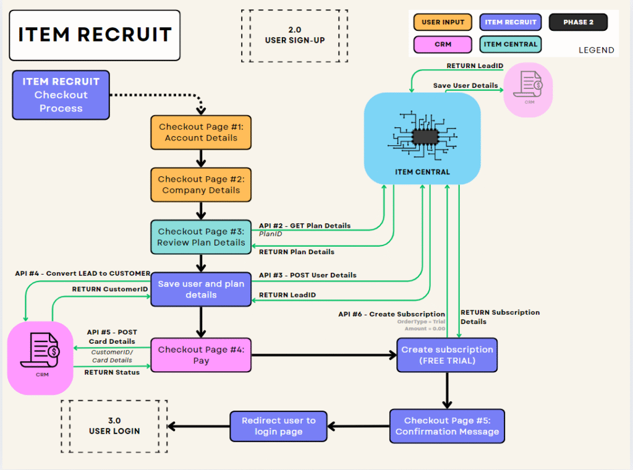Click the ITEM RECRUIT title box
coord(95,35)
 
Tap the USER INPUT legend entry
coord(443,22)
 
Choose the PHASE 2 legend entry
coord(578,22)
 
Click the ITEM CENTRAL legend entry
coord(510,45)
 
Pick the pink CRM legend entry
coord(443,45)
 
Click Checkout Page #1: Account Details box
coord(201,132)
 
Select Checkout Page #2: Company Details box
coord(201,184)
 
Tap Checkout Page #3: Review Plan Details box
coord(201,237)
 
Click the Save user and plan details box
coord(201,289)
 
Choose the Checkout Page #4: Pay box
coord(201,354)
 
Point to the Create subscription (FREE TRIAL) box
coord(447,354)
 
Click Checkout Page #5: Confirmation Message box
coord(447,426)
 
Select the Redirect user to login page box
coord(278,426)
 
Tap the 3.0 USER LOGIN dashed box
coord(114,425)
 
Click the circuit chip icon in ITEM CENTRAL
coord(422,137)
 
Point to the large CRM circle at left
coord(40,357)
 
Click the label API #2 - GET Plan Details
coord(305,226)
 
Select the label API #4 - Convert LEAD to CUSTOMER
coord(83,273)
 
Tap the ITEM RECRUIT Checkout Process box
coord(61,95)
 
